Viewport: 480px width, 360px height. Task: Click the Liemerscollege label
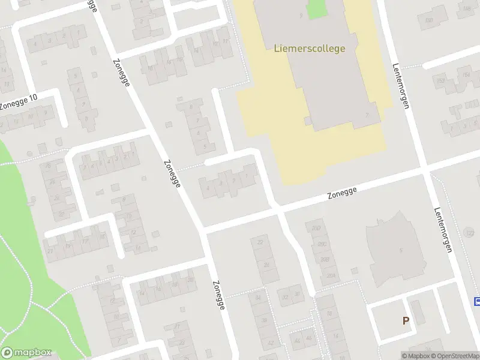310,49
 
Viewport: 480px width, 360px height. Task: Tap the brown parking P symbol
406,321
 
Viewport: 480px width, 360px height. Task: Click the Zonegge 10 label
19,102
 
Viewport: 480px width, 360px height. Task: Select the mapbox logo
26,353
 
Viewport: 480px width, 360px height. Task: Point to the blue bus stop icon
478,302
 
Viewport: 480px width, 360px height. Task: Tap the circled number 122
470,232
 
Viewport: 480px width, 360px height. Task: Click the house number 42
271,343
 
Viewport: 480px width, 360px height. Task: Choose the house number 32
285,296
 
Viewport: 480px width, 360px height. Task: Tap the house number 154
465,75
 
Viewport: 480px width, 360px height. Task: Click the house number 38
263,320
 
